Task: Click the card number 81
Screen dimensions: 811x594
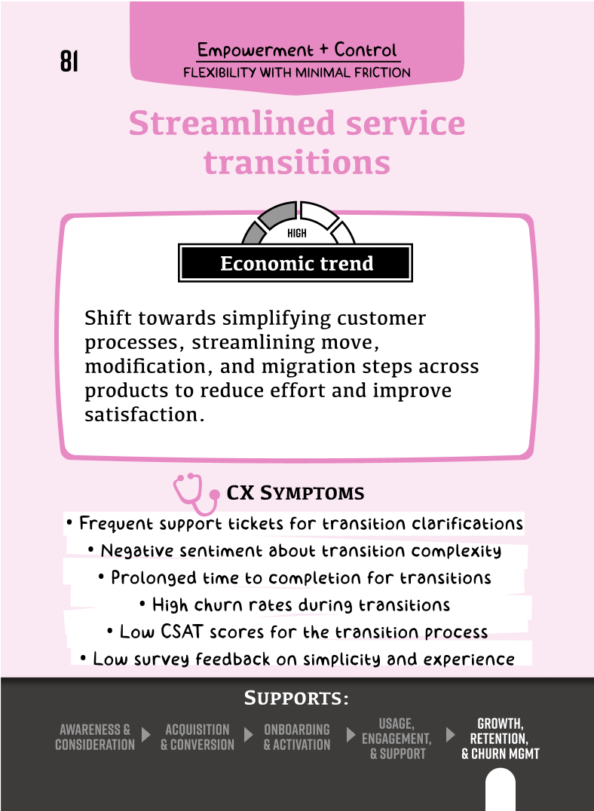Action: [69, 62]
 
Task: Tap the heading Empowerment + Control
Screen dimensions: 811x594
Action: [297, 50]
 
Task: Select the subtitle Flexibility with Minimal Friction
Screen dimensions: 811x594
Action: [297, 73]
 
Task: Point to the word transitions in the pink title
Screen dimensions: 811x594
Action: [297, 162]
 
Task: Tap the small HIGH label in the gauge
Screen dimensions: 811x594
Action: [297, 234]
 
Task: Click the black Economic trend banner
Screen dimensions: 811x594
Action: [296, 264]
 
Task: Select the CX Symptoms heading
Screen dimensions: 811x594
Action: [295, 494]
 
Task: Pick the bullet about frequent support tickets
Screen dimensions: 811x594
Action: [294, 523]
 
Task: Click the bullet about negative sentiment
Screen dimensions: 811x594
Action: [295, 550]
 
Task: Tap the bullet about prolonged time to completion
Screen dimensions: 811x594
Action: [295, 577]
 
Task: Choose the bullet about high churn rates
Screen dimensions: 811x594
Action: [295, 604]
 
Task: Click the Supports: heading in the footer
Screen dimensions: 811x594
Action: [296, 699]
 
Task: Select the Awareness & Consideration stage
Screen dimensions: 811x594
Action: [95, 737]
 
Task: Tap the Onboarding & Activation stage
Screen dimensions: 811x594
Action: [297, 737]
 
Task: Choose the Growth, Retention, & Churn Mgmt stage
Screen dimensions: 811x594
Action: [501, 739]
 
